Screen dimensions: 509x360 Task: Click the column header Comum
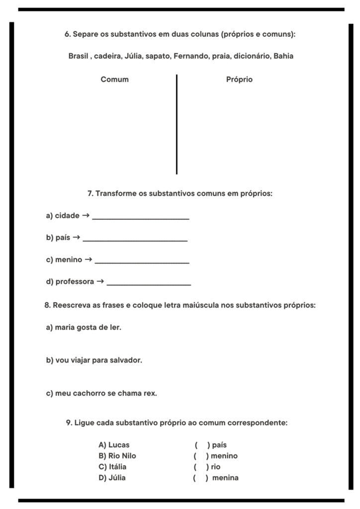tap(114, 80)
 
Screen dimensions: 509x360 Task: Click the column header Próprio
tap(239, 80)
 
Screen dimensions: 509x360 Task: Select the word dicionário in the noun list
tap(251, 56)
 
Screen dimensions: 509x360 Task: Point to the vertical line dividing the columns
tap(177, 124)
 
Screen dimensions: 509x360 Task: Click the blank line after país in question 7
tap(135, 240)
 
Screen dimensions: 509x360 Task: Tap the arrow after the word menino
tap(89, 259)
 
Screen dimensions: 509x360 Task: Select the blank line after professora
tap(149, 284)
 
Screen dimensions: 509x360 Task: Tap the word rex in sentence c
tap(150, 393)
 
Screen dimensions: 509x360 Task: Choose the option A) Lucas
tap(114, 445)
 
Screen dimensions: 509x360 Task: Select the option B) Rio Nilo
tap(117, 456)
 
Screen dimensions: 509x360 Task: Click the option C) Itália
tap(112, 467)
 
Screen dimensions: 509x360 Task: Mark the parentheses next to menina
tap(200, 478)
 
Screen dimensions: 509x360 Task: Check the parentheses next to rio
tap(201, 467)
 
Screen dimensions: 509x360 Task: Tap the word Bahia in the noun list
tap(283, 56)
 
